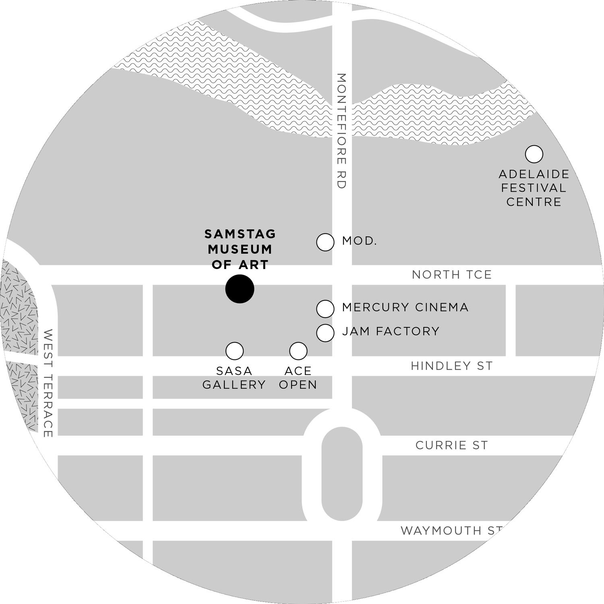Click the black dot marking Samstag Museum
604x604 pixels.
tap(240, 289)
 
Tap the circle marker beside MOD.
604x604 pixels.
tap(325, 242)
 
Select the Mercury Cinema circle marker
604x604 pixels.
tap(325, 309)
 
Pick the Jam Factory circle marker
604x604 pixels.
tap(325, 333)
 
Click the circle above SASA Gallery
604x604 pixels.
tap(234, 351)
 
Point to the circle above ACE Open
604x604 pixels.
tap(298, 351)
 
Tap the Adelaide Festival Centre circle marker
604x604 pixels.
tap(534, 154)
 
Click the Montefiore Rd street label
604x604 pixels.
tap(341, 131)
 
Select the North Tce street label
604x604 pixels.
tap(452, 275)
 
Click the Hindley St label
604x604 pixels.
tap(452, 366)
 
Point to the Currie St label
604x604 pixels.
tap(452, 445)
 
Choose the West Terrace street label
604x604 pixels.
tap(48, 383)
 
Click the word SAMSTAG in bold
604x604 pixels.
tap(240, 234)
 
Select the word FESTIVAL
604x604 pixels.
tap(534, 188)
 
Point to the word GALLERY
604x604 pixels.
tap(234, 385)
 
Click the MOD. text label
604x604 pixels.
tap(359, 241)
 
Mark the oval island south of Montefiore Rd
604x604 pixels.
tap(342, 474)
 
